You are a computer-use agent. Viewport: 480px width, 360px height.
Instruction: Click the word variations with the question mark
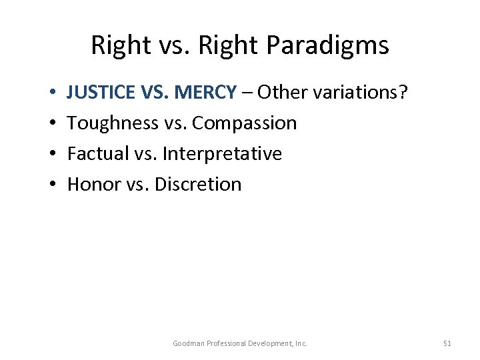click(x=360, y=93)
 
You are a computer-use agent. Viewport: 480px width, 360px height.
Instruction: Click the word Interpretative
click(x=222, y=154)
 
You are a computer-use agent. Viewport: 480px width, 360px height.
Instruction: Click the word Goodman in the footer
click(x=189, y=343)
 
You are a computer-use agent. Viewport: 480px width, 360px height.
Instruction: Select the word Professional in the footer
click(x=226, y=343)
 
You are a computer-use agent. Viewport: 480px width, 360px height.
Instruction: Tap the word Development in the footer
click(x=272, y=343)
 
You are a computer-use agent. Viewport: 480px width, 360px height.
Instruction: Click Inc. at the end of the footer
click(x=301, y=343)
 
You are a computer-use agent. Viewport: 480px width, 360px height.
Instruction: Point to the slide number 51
click(x=447, y=343)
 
